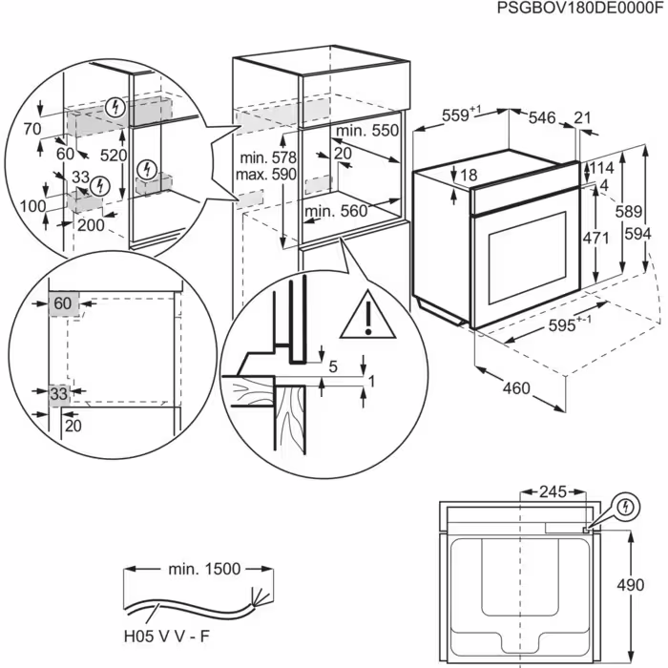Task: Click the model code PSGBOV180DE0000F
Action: point(578,9)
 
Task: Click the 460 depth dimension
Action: point(515,388)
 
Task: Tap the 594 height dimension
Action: point(648,234)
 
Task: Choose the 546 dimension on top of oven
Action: point(541,117)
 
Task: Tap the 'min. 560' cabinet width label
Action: point(335,211)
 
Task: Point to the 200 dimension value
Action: point(91,224)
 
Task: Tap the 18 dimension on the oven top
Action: point(469,175)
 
